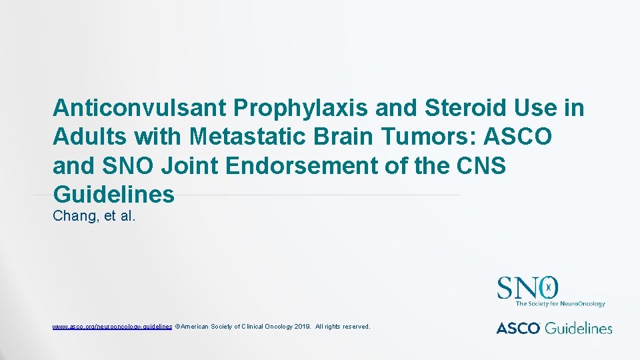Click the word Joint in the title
(x=197, y=165)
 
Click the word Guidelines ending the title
(x=113, y=194)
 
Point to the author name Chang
(x=75, y=216)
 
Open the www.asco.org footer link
(x=112, y=327)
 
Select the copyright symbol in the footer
(x=177, y=327)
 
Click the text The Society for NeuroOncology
(x=560, y=304)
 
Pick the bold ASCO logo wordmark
(x=518, y=327)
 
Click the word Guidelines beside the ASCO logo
(x=580, y=327)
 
